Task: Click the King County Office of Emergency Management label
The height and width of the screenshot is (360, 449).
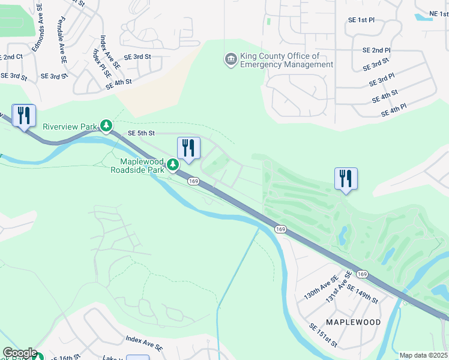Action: pyautogui.click(x=278, y=60)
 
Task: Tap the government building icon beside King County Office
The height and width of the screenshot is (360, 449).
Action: pyautogui.click(x=230, y=59)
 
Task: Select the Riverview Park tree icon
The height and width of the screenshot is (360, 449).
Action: pyautogui.click(x=106, y=125)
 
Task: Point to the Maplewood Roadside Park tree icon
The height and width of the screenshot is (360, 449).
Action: pyautogui.click(x=173, y=164)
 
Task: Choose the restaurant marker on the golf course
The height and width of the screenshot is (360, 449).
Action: pyautogui.click(x=346, y=178)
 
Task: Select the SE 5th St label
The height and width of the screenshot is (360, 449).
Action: pyautogui.click(x=141, y=133)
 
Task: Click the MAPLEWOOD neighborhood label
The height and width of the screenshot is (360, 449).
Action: pyautogui.click(x=353, y=322)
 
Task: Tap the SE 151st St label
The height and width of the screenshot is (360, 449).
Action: pyautogui.click(x=323, y=335)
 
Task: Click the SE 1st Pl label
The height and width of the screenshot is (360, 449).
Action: pyautogui.click(x=361, y=20)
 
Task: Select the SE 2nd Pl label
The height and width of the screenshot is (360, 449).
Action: pyautogui.click(x=376, y=50)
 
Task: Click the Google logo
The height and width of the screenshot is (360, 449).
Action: pyautogui.click(x=19, y=353)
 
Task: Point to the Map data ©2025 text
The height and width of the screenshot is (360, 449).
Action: pyautogui.click(x=423, y=355)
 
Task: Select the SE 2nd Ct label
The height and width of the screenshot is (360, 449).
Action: pyautogui.click(x=11, y=56)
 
